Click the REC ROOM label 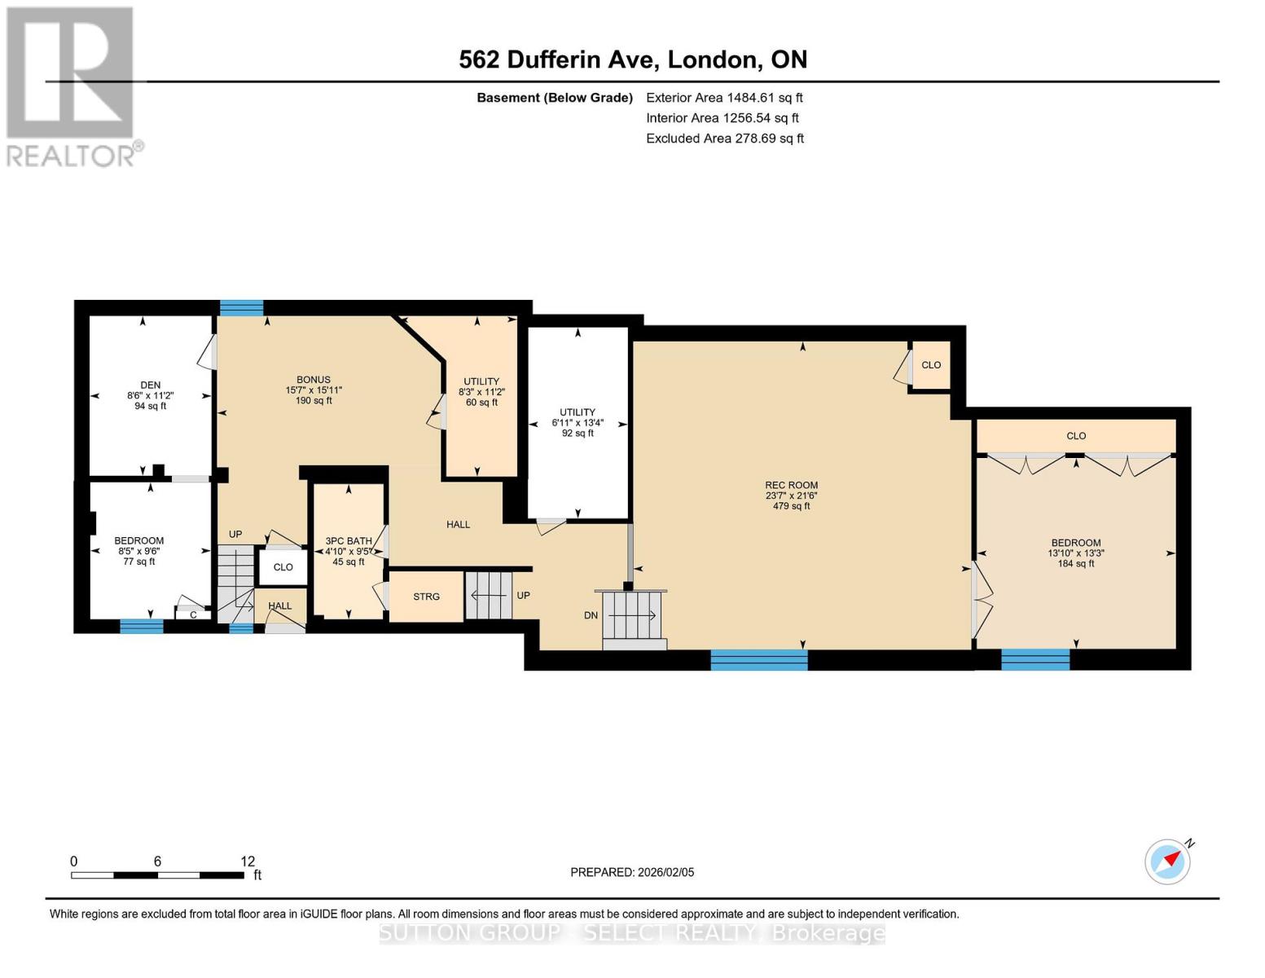coord(791,485)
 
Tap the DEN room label coord(150,385)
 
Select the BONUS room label coord(313,380)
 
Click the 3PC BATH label coord(349,541)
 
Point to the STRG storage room coord(426,597)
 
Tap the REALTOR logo coord(72,86)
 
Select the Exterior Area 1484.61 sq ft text coord(724,98)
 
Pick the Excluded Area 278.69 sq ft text coord(724,139)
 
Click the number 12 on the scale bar coord(248,861)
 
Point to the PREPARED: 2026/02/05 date coord(632,872)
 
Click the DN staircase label coord(591,615)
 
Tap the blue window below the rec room coord(758,659)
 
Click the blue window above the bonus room coord(242,308)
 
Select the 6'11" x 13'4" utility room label coord(578,423)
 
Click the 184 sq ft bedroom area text coord(1075,564)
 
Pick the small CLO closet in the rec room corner coord(930,365)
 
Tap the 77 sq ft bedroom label coord(139,562)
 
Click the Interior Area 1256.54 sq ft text coord(723,118)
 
